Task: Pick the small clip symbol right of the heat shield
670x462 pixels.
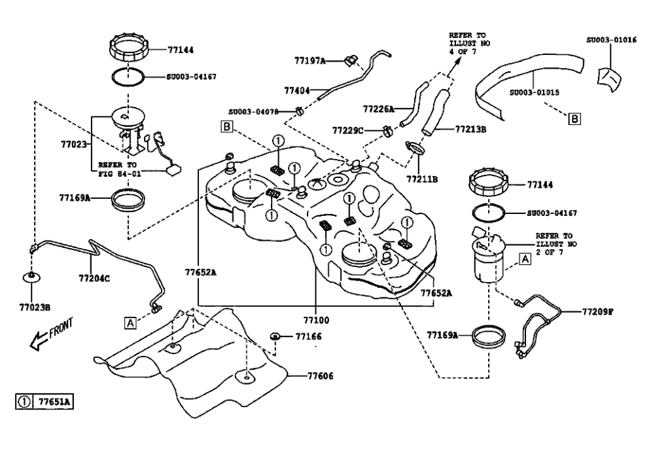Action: click(275, 336)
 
